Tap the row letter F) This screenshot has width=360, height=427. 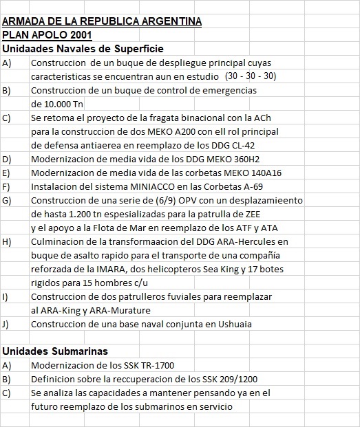pyautogui.click(x=6, y=186)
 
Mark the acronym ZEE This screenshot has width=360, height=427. pyautogui.click(x=275, y=214)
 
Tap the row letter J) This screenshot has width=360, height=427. pyautogui.click(x=6, y=324)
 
